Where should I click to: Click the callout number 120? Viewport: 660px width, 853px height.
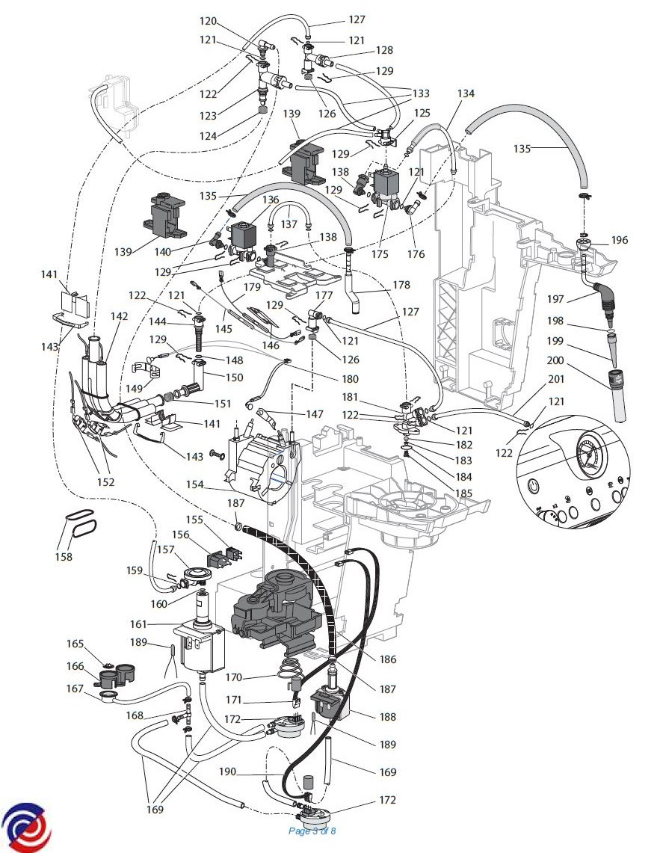tap(208, 21)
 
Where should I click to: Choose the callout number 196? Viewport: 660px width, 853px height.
tap(620, 241)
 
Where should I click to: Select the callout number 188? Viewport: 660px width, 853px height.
tap(387, 717)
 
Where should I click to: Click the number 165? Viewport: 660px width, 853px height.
tap(75, 644)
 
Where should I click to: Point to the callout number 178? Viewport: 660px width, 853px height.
tap(401, 285)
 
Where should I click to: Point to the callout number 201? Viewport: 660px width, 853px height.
tap(556, 379)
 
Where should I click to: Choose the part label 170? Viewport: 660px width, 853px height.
tap(235, 679)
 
